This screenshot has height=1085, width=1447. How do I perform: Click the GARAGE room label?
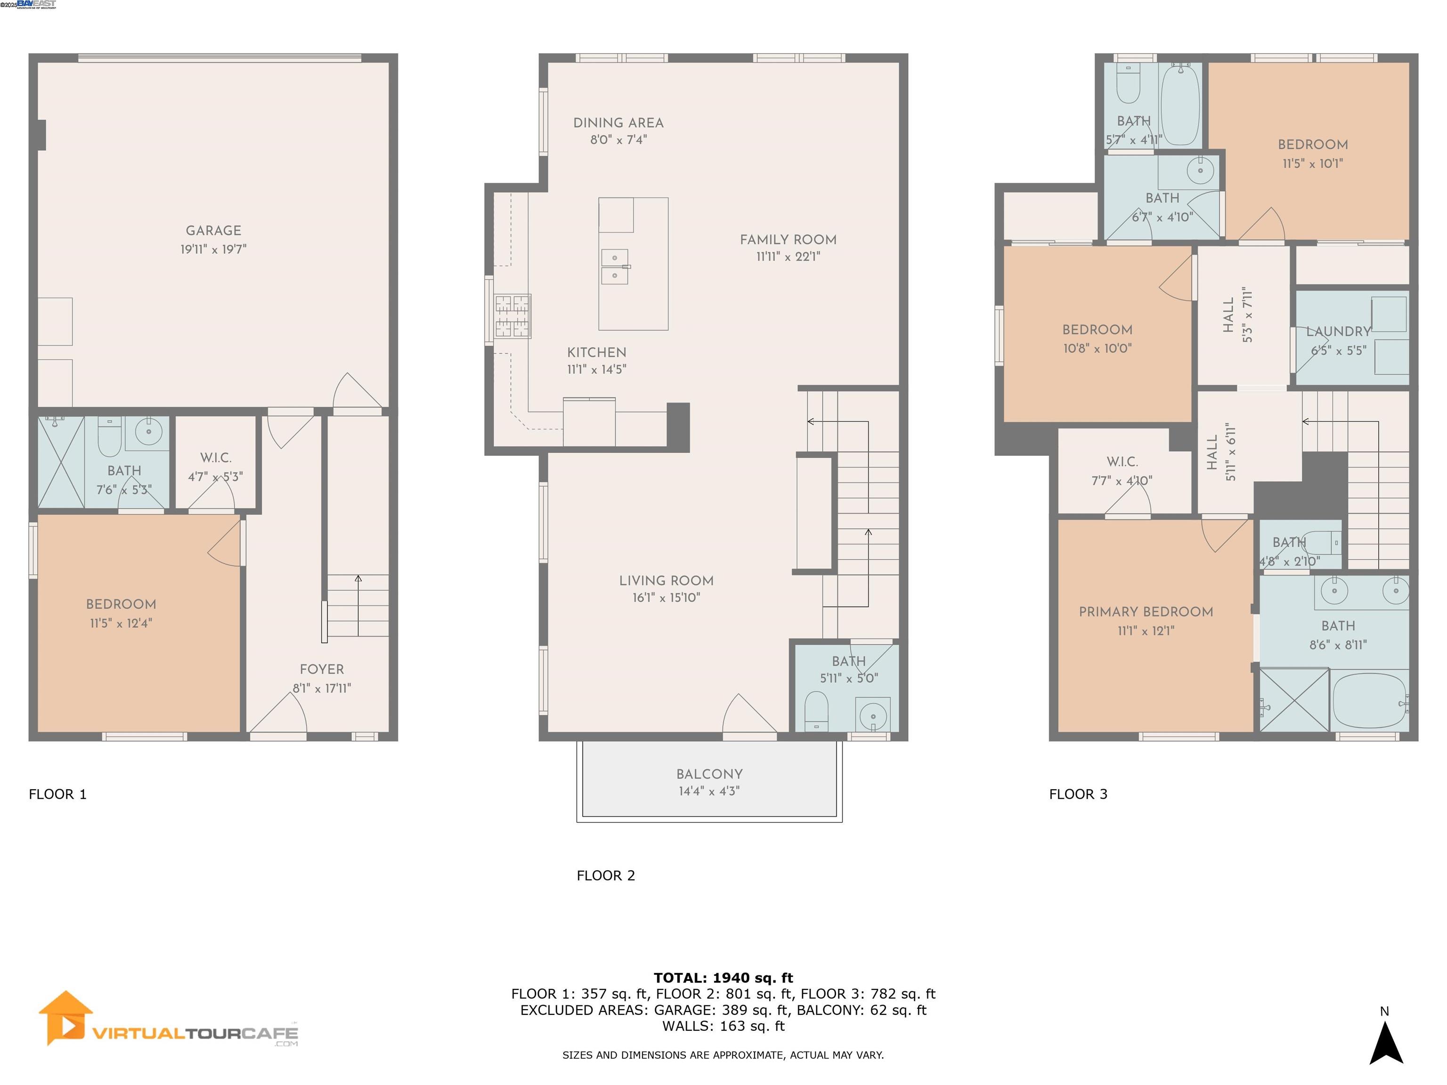point(213,230)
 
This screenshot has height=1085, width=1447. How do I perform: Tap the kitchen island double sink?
point(614,267)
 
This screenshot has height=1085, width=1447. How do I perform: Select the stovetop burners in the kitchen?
point(512,316)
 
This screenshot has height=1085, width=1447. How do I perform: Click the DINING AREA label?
point(618,123)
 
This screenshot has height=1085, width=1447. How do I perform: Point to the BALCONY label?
point(709,774)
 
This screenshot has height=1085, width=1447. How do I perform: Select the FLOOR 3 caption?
point(1078,794)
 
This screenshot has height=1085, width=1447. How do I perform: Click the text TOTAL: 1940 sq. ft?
point(723,978)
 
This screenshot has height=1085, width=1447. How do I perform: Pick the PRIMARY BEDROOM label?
point(1146,612)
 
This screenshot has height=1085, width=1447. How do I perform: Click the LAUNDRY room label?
point(1338,332)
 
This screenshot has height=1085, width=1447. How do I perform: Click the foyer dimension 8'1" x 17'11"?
point(322,688)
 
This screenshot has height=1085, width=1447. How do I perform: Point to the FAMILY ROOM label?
point(788,239)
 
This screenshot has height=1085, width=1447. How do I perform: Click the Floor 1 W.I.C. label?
point(215,458)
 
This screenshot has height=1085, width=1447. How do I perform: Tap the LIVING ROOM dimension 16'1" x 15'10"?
point(666,597)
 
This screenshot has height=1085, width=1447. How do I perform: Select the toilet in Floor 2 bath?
point(816,712)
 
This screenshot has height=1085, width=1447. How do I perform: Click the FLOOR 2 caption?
point(605,875)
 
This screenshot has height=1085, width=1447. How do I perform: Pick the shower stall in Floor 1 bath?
point(61,462)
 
